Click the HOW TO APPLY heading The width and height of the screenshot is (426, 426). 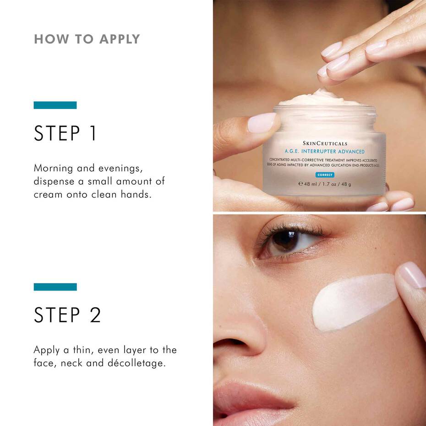click(87, 39)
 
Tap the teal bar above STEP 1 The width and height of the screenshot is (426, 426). click(55, 105)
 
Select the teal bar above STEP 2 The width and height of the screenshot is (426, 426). click(55, 287)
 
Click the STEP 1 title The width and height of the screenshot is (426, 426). click(66, 133)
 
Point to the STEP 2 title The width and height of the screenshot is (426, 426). click(67, 315)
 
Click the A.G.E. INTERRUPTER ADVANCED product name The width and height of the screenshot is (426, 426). click(324, 152)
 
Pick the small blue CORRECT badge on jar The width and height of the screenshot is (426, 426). click(325, 175)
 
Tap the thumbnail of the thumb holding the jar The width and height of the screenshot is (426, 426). click(262, 123)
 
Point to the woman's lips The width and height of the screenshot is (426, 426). click(250, 401)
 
